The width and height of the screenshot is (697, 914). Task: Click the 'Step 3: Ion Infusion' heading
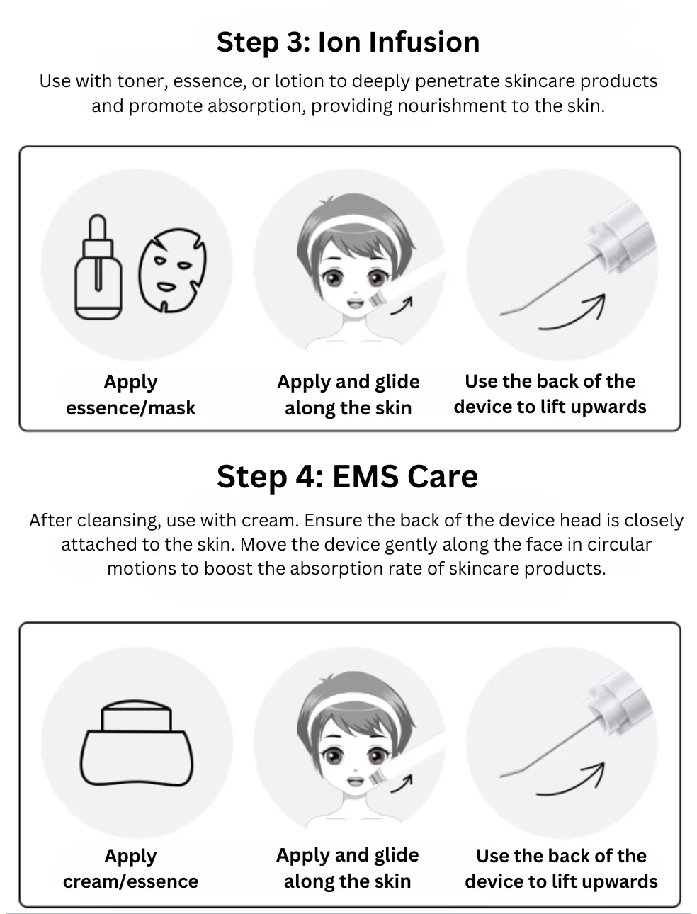[348, 43]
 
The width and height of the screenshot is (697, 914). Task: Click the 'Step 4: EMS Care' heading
[348, 476]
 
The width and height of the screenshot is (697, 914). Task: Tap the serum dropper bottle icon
[98, 267]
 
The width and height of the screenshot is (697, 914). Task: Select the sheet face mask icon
[172, 270]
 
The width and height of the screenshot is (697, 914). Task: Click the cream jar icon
[137, 743]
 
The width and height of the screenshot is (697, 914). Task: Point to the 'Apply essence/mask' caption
[130, 395]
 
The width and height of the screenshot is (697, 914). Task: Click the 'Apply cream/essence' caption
[130, 869]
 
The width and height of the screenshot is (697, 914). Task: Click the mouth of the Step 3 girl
[356, 303]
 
